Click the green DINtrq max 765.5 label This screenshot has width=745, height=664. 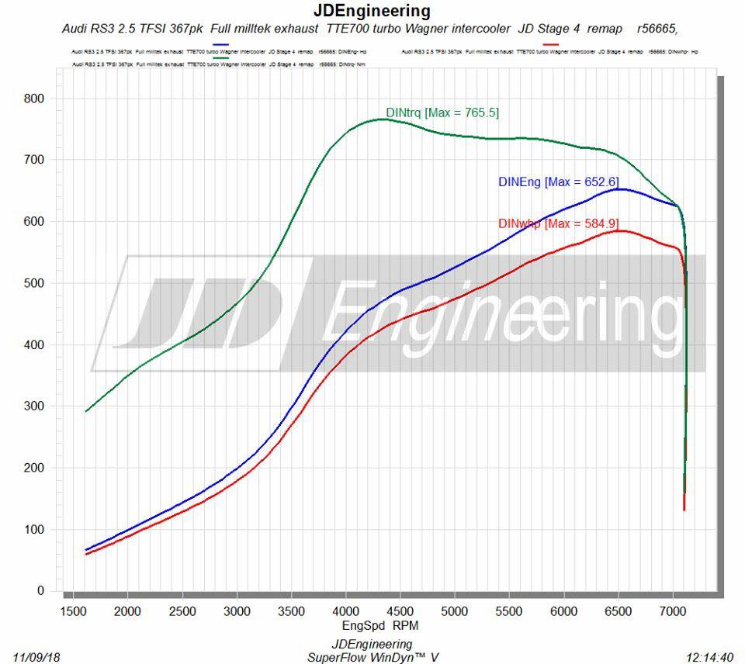(442, 112)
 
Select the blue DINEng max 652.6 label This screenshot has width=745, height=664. (558, 182)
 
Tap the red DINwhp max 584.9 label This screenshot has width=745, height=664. (558, 224)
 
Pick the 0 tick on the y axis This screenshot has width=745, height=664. (40, 591)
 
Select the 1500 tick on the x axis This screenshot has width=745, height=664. (73, 610)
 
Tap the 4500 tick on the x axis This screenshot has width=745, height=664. (400, 610)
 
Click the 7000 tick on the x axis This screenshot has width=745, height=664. (673, 610)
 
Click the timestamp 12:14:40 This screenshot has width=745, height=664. (710, 658)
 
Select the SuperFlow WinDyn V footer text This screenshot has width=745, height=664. (372, 658)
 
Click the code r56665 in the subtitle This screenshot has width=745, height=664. (657, 29)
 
